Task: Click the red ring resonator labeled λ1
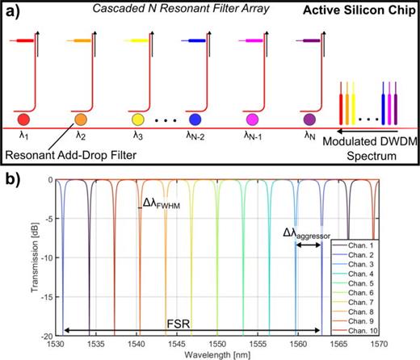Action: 23,119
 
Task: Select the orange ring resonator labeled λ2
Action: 80,119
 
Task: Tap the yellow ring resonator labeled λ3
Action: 137,119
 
